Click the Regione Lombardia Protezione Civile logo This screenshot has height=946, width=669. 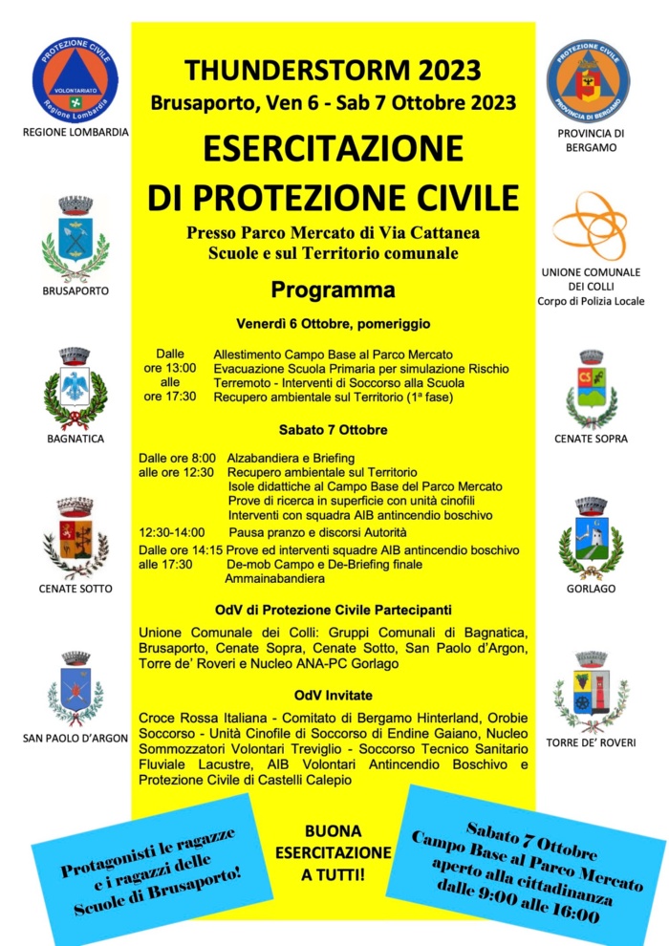pos(76,77)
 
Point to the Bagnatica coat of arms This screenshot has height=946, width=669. pos(76,387)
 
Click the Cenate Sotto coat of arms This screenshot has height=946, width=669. pos(76,538)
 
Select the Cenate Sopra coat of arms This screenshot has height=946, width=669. pos(592,388)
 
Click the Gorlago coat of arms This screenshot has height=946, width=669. pos(591,538)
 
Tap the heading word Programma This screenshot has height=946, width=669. pos(333,289)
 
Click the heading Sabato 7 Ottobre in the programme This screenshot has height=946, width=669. pos(333,430)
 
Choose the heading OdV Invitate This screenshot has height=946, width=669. pos(333,695)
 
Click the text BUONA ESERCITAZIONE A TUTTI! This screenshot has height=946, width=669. pos(334,851)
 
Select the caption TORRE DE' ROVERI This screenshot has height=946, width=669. pos(591,742)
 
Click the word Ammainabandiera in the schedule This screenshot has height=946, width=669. pos(278,578)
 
